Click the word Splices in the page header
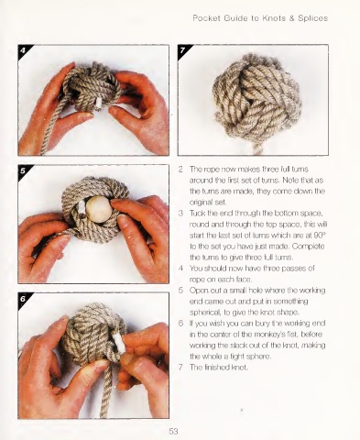tap(312, 18)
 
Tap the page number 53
tap(173, 432)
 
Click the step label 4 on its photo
tap(23, 49)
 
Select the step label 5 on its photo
tap(23, 170)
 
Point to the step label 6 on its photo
tap(23, 299)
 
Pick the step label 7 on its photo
tap(182, 49)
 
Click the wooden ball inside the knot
tap(97, 206)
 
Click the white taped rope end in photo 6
tap(117, 343)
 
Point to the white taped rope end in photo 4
tap(98, 104)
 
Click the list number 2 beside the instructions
tap(180, 169)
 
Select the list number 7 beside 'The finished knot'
tap(180, 367)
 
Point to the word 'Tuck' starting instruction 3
tap(197, 213)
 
